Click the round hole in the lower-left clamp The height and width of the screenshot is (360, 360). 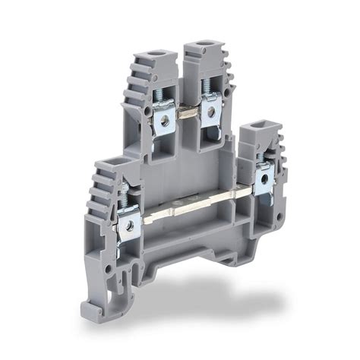click(x=131, y=225)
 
